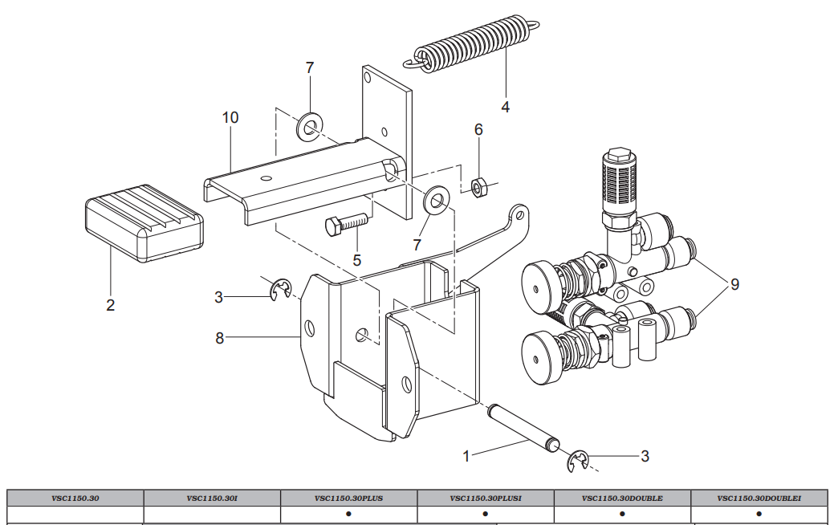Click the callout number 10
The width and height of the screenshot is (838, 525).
230,118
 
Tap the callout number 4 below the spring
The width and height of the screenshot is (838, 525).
505,106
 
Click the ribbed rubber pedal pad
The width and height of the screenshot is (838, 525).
144,224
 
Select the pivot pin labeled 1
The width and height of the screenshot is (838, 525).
522,434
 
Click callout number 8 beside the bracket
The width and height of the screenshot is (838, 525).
219,338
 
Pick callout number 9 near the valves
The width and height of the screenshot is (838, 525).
734,285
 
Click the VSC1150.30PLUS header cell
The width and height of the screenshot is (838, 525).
348,498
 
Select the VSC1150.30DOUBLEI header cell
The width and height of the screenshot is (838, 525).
759,498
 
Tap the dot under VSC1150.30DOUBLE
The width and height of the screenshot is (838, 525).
622,514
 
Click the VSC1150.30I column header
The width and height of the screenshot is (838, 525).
212,498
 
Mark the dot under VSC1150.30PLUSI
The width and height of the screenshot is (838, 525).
485,514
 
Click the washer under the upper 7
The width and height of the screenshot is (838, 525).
309,126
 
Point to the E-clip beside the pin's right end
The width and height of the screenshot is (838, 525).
578,461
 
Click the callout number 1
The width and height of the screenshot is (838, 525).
466,456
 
